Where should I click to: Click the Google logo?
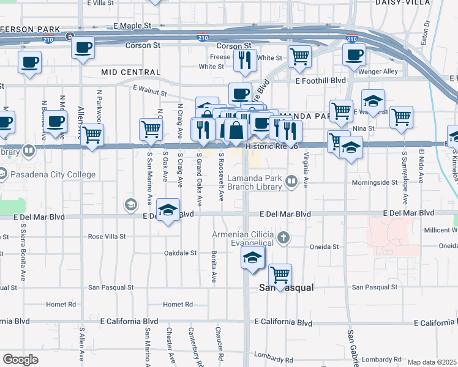pos(20,360)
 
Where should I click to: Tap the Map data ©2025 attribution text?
pos(432,362)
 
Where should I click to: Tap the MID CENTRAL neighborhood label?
pos(131,72)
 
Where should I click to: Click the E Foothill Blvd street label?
pos(320,80)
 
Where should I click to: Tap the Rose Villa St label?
pos(107,236)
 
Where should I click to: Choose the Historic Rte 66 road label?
pos(271,147)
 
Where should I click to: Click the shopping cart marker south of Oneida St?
pos(280,275)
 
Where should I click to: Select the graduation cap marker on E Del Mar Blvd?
pos(168,210)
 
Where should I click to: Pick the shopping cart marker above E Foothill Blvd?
pos(299,56)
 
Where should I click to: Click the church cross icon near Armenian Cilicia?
pos(283,237)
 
